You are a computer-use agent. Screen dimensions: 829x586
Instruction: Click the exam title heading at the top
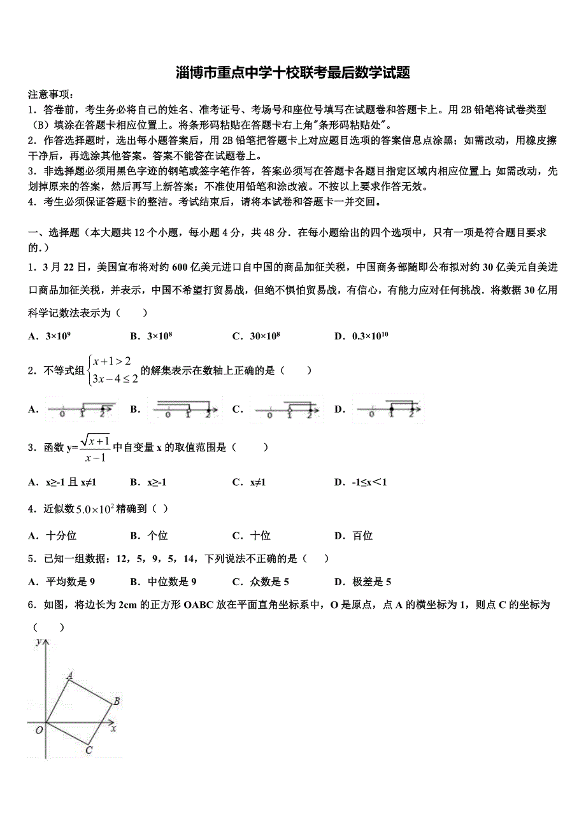pyautogui.click(x=292, y=73)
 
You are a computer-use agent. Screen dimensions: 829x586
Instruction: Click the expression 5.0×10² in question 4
pyautogui.click(x=94, y=508)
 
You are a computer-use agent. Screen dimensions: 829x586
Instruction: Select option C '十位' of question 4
pyautogui.click(x=256, y=535)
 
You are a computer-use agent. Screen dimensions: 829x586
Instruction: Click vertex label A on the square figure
pyautogui.click(x=69, y=676)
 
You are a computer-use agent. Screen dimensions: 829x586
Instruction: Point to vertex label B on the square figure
pyautogui.click(x=117, y=702)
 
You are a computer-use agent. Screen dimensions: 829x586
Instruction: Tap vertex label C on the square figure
pyautogui.click(x=89, y=751)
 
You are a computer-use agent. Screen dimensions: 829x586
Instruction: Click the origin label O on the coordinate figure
pyautogui.click(x=39, y=730)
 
